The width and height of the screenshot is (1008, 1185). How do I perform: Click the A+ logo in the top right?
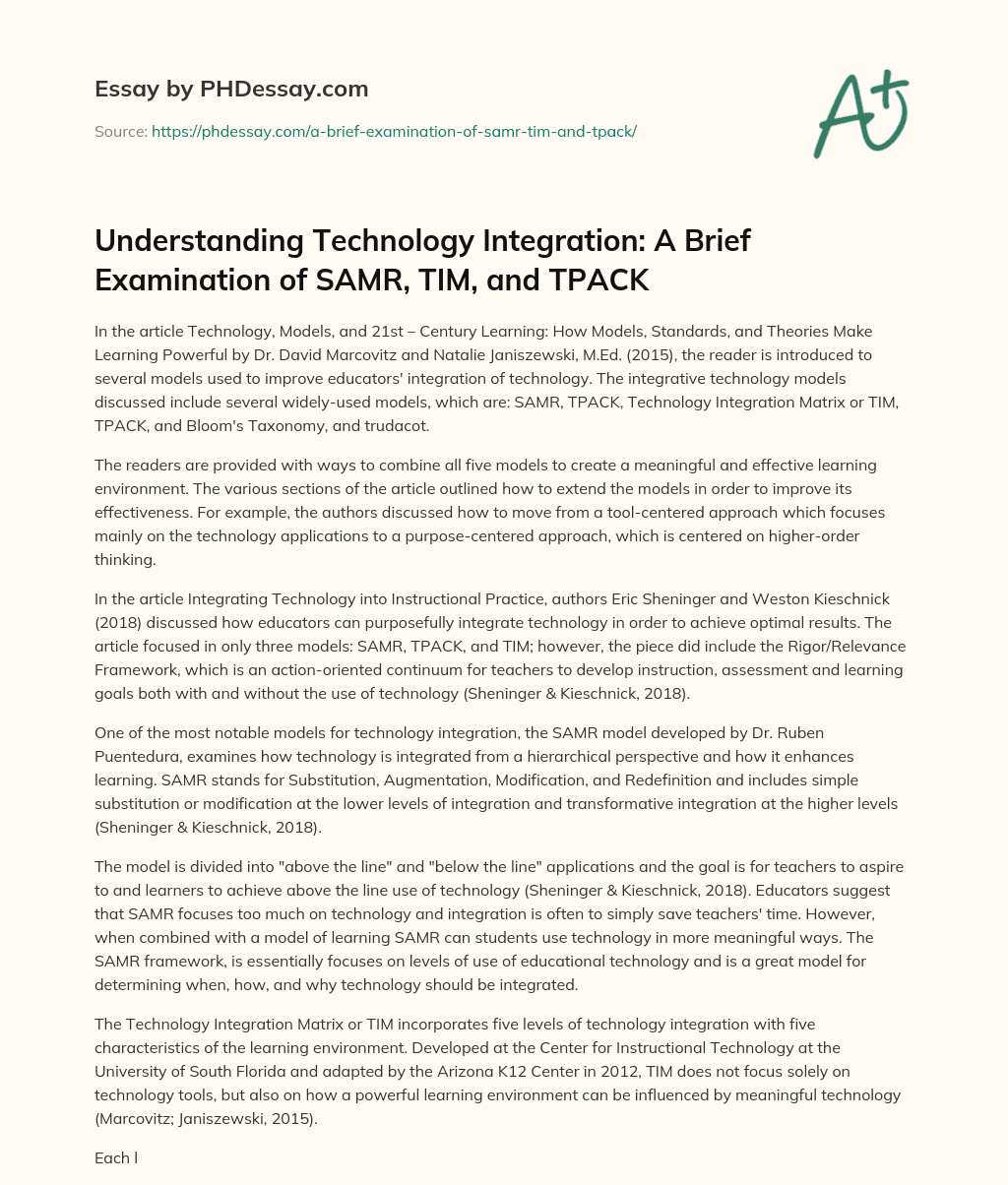pyautogui.click(x=860, y=114)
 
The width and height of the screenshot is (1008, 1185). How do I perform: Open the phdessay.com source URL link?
pyautogui.click(x=394, y=131)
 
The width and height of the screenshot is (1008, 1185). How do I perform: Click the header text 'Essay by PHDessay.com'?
pyautogui.click(x=231, y=90)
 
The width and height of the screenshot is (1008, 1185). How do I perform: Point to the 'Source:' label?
pyautogui.click(x=121, y=131)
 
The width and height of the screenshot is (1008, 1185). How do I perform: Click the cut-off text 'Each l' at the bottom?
pyautogui.click(x=115, y=1157)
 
